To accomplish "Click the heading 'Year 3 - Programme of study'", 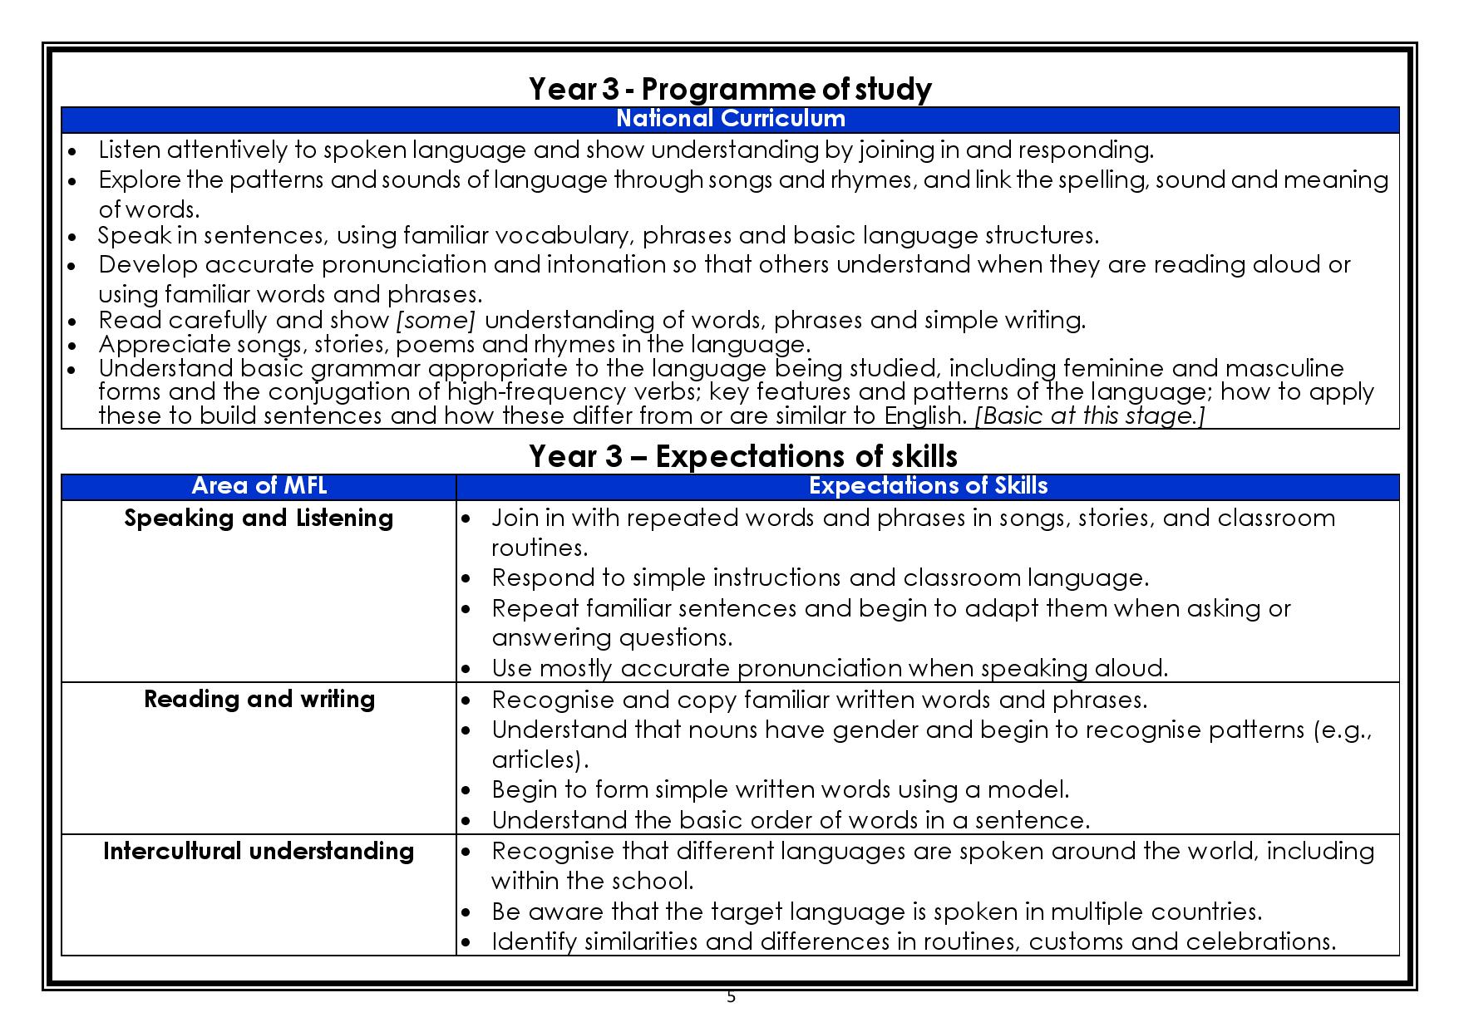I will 729,88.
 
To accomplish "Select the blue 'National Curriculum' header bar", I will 730,119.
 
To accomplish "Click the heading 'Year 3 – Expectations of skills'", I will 742,456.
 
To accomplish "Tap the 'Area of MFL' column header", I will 259,486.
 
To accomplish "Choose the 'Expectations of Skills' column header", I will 928,486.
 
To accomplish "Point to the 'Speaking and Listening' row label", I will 259,518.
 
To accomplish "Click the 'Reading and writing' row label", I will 259,699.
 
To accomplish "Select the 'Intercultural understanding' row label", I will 259,851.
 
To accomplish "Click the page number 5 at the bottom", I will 731,997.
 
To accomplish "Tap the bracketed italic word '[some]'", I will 436,320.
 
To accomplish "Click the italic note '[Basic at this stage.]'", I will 1089,415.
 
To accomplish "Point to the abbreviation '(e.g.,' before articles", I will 1343,730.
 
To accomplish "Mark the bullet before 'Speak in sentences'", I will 73,237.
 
